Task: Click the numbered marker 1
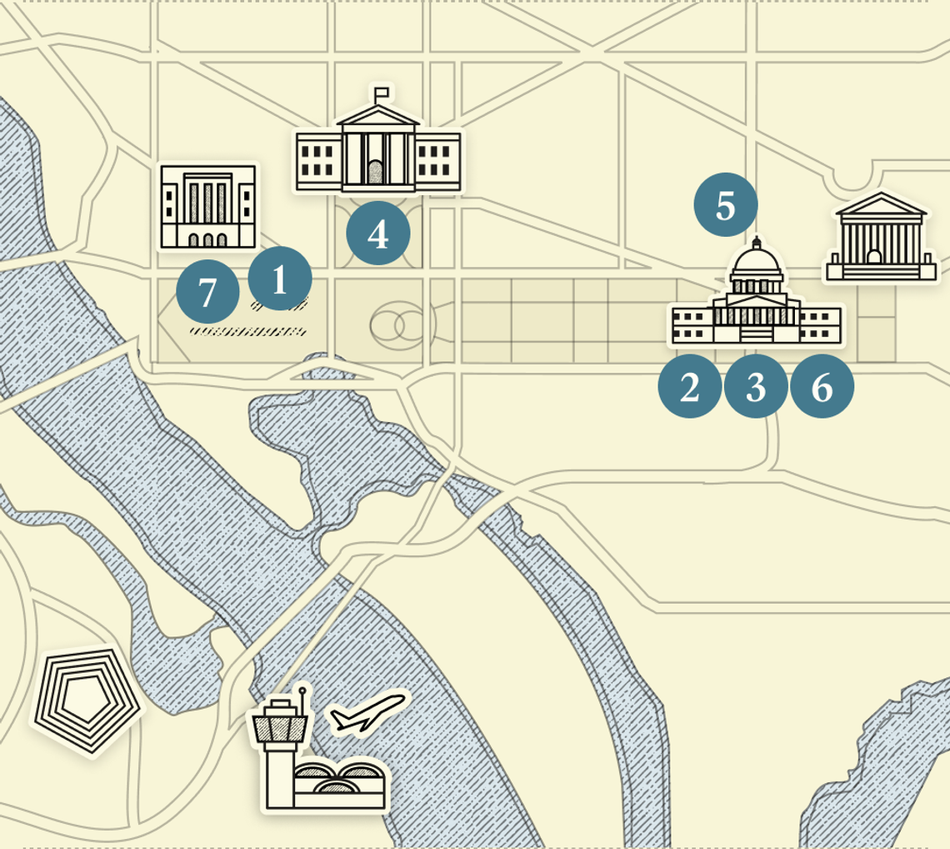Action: [280, 279]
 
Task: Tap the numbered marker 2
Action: [689, 387]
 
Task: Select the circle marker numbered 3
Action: [756, 387]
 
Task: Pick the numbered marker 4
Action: [377, 234]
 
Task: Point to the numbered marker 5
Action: [726, 205]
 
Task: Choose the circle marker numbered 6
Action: [822, 387]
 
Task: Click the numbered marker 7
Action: [207, 292]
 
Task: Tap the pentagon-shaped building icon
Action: [84, 699]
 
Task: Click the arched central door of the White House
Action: [377, 173]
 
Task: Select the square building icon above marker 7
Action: [208, 206]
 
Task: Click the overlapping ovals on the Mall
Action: [399, 326]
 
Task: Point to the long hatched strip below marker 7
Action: [247, 331]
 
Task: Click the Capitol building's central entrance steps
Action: [756, 334]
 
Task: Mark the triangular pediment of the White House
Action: [377, 119]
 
